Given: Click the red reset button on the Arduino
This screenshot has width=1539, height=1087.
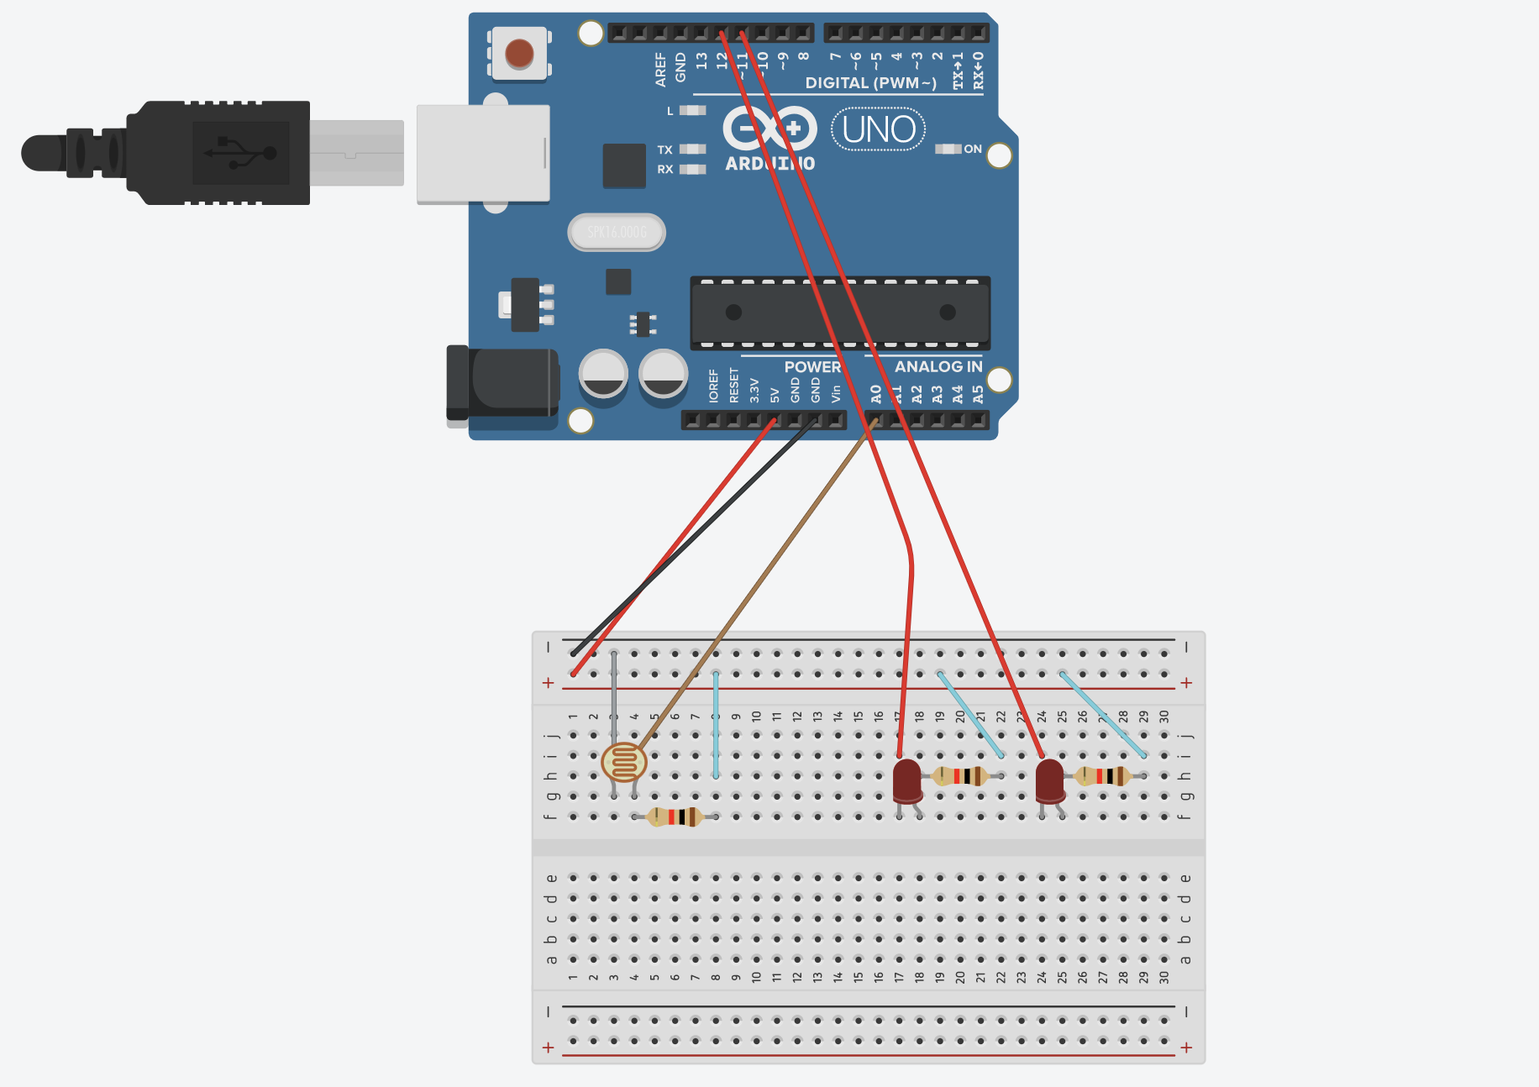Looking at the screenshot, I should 519,54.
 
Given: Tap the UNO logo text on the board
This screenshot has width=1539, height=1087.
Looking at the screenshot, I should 879,129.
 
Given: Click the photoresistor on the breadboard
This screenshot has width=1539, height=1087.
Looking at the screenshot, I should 624,763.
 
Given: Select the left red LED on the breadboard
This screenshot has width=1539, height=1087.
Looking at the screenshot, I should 906,780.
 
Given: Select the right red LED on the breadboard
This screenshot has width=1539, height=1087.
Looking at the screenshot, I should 1049,780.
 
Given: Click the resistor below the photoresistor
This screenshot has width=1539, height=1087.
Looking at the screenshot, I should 675,817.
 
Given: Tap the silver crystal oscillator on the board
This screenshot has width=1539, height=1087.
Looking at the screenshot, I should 617,233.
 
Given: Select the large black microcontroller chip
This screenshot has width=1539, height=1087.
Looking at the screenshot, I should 840,312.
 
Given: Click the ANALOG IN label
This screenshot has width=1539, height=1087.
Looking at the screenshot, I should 938,366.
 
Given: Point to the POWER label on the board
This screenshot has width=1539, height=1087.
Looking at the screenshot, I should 812,366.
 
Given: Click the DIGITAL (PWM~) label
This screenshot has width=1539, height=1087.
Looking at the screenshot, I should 870,82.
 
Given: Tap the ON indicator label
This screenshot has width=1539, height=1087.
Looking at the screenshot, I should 972,149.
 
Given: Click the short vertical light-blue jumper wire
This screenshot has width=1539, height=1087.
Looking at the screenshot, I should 716,724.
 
